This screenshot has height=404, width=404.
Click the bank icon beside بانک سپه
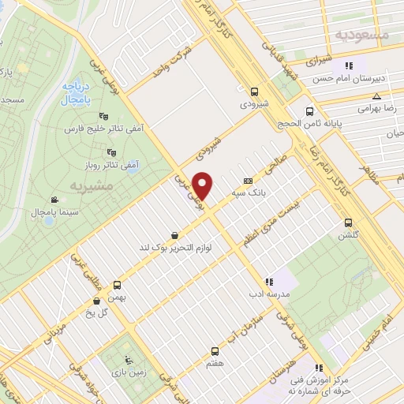pyautogui.click(x=247, y=180)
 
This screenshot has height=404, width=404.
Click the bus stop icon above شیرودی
pyautogui.click(x=254, y=91)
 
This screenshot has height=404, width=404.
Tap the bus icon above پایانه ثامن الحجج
pyautogui.click(x=309, y=111)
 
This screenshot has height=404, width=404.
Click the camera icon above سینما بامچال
pyautogui.click(x=53, y=200)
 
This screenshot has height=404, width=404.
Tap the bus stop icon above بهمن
pyautogui.click(x=118, y=285)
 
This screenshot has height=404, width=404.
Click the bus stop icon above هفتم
pyautogui.click(x=214, y=351)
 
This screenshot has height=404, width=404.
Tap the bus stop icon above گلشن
pyautogui.click(x=349, y=223)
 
